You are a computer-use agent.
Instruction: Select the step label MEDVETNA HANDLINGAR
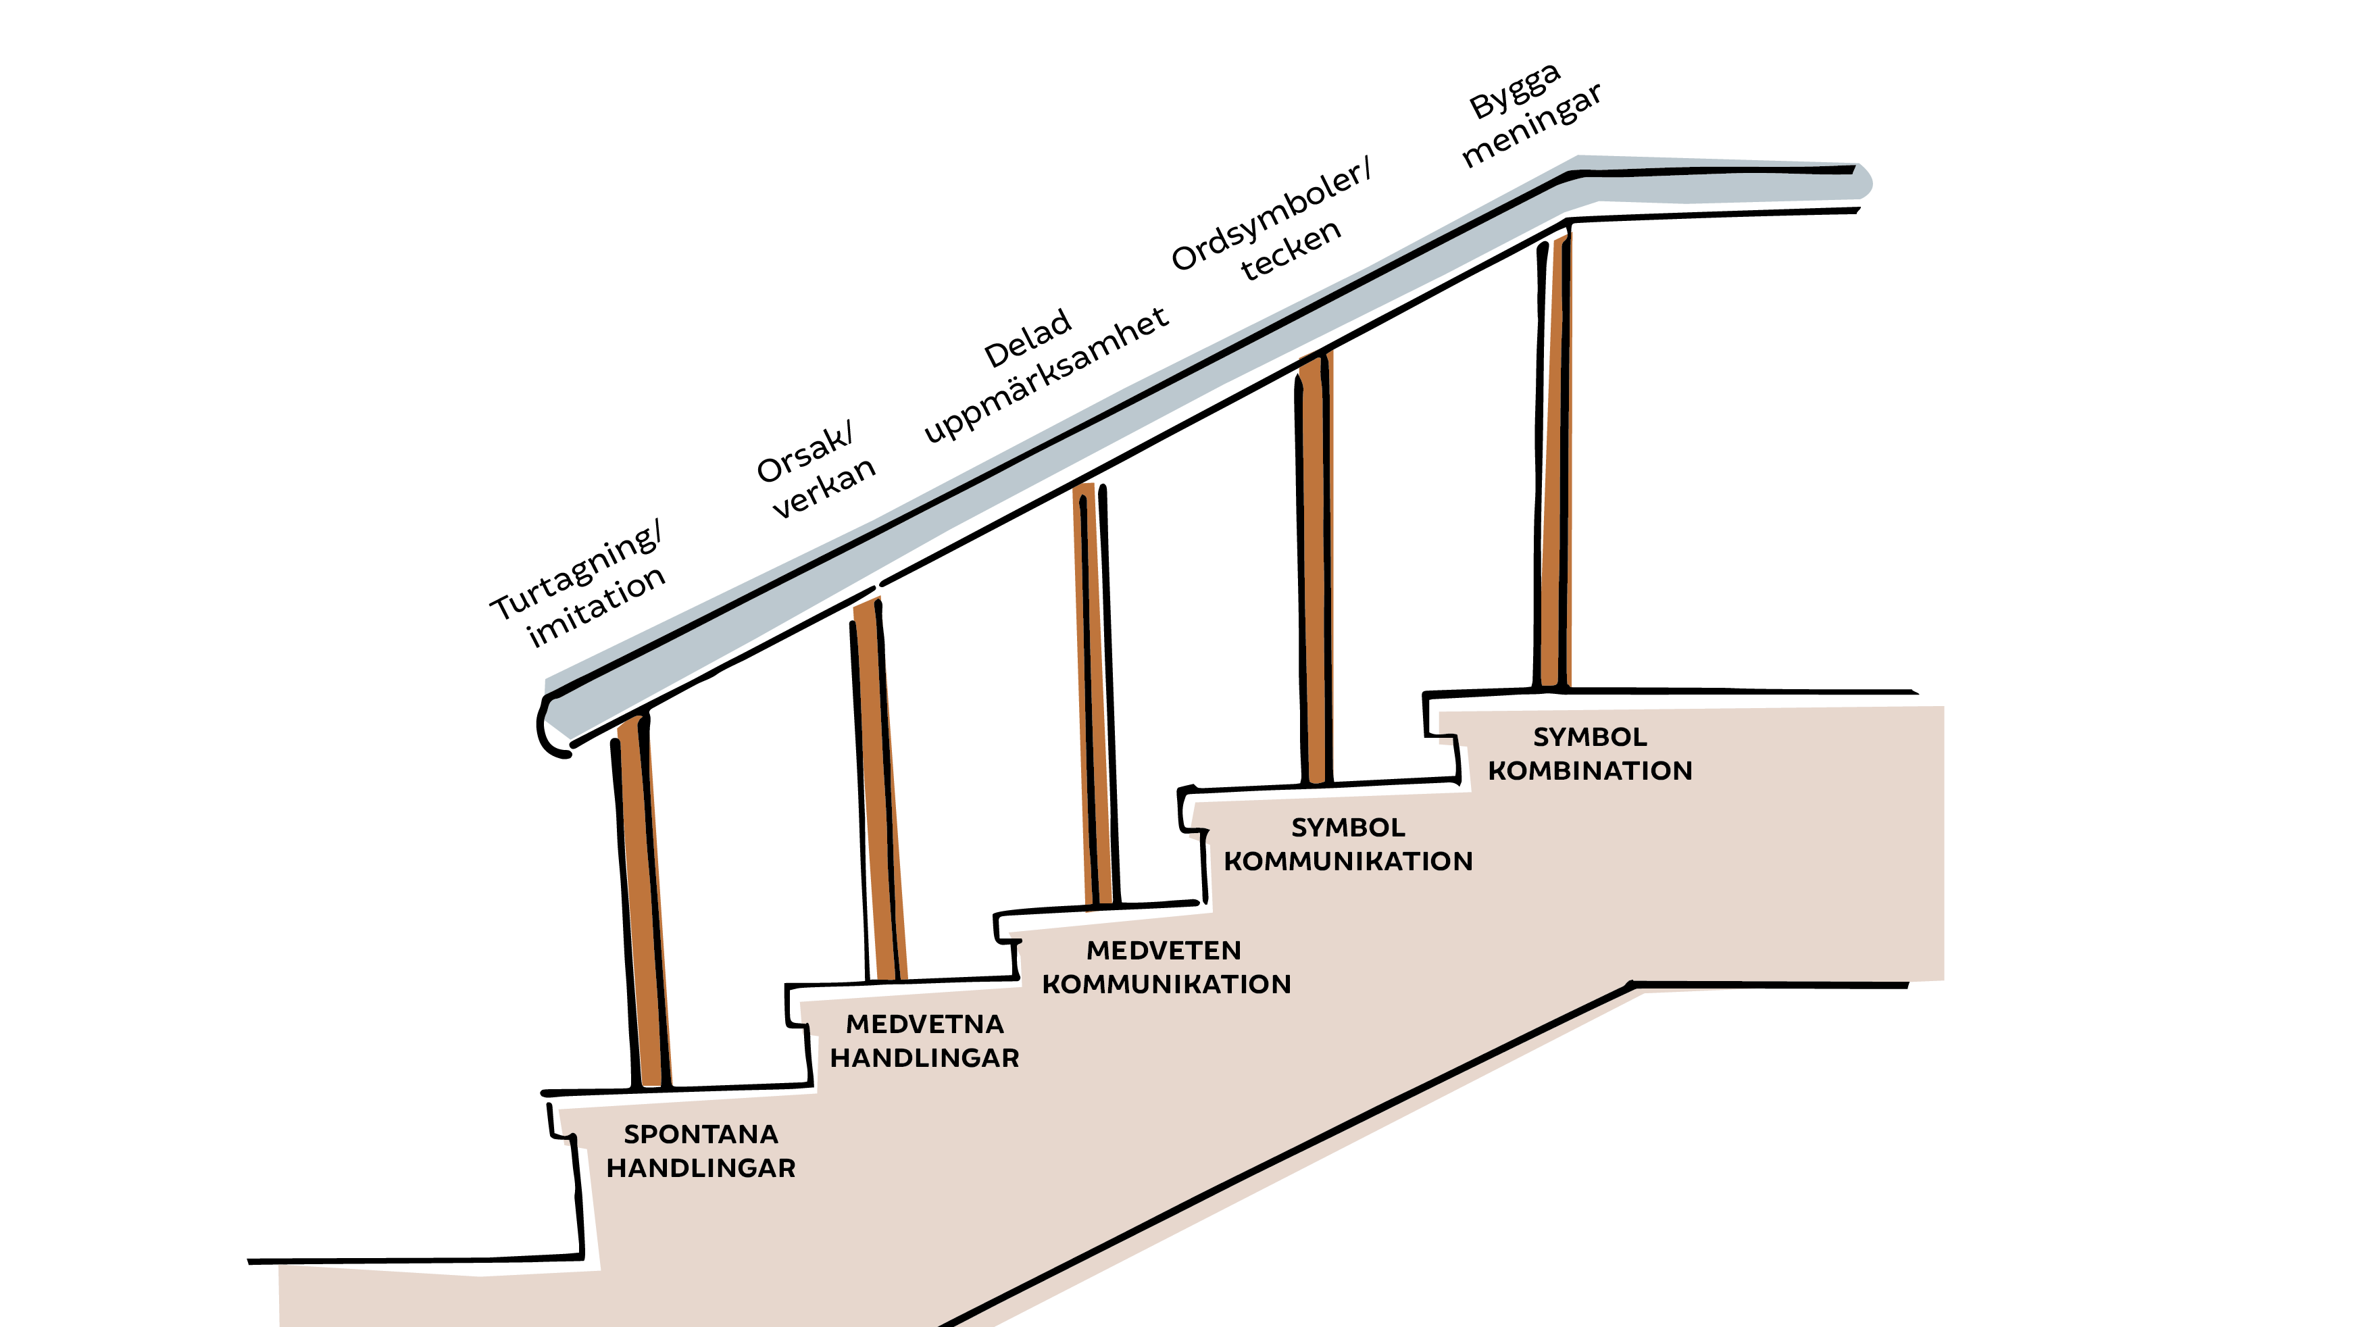pos(924,1041)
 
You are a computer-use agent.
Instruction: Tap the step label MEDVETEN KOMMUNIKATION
pos(1166,967)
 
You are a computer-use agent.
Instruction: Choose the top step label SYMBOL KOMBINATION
pos(1590,753)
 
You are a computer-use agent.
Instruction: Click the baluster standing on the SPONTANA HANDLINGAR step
pos(641,902)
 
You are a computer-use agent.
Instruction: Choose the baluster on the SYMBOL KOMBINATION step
pos(1553,460)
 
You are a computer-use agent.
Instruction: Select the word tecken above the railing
pos(1291,250)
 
